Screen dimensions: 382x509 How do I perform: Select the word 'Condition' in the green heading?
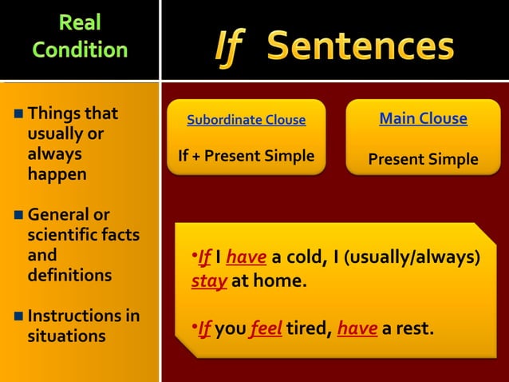point(80,50)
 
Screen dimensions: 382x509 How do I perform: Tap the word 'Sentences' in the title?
point(361,46)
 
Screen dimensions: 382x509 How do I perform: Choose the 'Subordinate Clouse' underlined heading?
point(246,121)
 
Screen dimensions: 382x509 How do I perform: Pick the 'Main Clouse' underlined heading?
point(423,119)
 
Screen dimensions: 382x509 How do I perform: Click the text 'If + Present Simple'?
point(246,156)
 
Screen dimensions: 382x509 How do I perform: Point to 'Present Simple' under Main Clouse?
point(423,159)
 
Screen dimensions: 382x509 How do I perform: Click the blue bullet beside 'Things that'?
point(18,113)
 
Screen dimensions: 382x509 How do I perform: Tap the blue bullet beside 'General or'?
point(18,215)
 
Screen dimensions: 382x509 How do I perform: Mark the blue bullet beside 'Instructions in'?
point(18,316)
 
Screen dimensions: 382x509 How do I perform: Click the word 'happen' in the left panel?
point(57,173)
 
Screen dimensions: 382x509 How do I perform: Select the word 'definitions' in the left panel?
point(69,275)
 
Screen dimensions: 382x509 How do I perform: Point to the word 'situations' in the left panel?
point(66,336)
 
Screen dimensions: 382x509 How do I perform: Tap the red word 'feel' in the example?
point(266,328)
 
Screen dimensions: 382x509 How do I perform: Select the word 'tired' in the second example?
point(306,328)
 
